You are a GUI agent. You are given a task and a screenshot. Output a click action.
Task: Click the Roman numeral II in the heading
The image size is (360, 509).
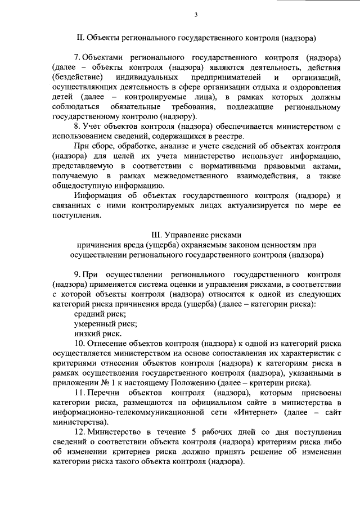79,39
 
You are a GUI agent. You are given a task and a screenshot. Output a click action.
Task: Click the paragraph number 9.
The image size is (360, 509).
77,273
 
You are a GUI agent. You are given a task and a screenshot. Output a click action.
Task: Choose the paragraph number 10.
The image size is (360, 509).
79,342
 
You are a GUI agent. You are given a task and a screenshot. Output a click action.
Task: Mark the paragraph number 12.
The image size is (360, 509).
79,431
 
